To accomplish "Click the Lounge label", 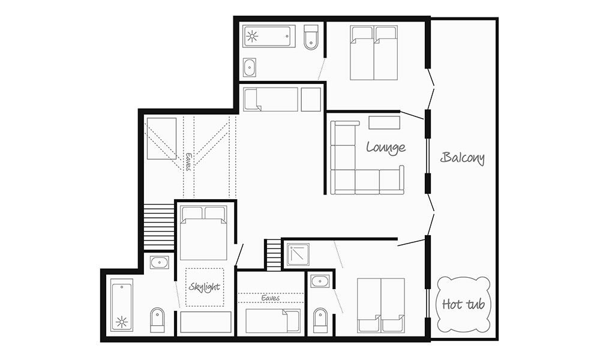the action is pyautogui.click(x=386, y=147).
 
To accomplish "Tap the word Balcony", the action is pyautogui.click(x=463, y=158).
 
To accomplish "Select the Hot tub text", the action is pyautogui.click(x=463, y=304).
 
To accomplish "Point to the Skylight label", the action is pyautogui.click(x=205, y=287).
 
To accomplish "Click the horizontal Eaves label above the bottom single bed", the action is pyautogui.click(x=271, y=298).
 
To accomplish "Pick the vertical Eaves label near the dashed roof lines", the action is pyautogui.click(x=188, y=162).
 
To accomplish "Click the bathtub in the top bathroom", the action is pyautogui.click(x=269, y=37).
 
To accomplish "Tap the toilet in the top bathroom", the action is pyautogui.click(x=311, y=37).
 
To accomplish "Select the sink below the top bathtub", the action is pyautogui.click(x=250, y=68).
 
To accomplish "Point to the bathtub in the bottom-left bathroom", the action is pyautogui.click(x=122, y=305).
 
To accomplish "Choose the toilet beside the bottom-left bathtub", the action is pyautogui.click(x=158, y=320).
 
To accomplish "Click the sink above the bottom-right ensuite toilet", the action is pyautogui.click(x=320, y=282).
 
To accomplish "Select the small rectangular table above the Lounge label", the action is pyautogui.click(x=384, y=123).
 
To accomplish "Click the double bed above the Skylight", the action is pyautogui.click(x=203, y=233).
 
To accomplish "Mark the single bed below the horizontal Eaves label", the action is pyautogui.click(x=273, y=321).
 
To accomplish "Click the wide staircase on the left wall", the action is pyautogui.click(x=158, y=227).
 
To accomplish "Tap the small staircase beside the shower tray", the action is pyautogui.click(x=273, y=255).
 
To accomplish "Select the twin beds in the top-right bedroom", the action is pyautogui.click(x=374, y=53).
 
